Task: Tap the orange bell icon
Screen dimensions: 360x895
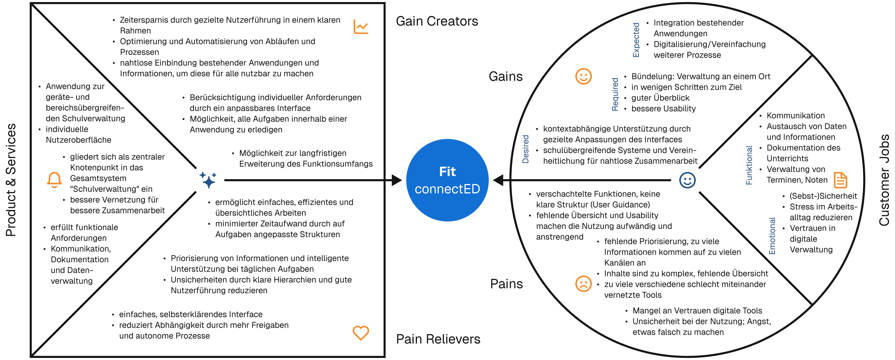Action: (x=55, y=180)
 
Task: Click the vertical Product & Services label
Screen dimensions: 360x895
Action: (x=11, y=180)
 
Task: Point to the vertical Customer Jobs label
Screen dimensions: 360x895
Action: (x=884, y=180)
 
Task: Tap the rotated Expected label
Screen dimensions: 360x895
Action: (x=636, y=40)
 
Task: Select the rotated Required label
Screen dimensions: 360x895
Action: (x=615, y=94)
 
